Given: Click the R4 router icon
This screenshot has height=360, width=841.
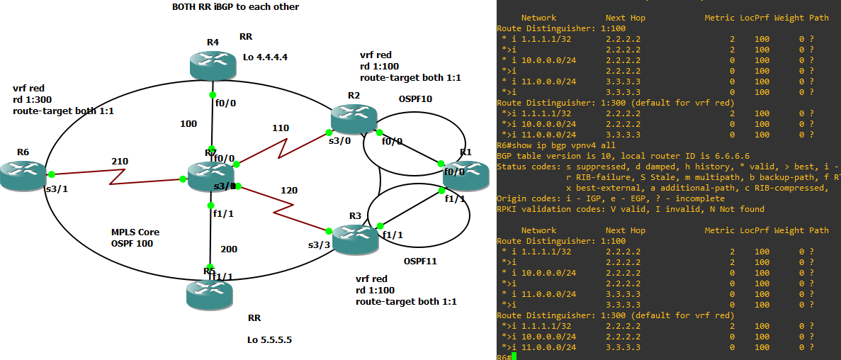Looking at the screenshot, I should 213,65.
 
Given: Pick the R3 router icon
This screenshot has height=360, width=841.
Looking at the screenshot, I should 355,239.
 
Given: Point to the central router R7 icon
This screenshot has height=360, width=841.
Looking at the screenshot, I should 211,177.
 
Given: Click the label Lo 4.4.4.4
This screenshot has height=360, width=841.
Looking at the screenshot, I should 266,57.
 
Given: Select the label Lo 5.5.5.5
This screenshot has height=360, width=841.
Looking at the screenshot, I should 269,339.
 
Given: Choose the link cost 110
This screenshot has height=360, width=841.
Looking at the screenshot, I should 280,128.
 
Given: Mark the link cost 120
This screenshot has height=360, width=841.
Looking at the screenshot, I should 288,191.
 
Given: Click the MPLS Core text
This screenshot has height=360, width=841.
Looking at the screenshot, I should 135,232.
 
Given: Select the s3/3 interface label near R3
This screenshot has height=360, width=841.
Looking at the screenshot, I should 320,244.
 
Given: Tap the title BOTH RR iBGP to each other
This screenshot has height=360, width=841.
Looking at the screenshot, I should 235,7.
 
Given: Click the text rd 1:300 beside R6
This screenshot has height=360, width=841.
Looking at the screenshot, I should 33,100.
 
